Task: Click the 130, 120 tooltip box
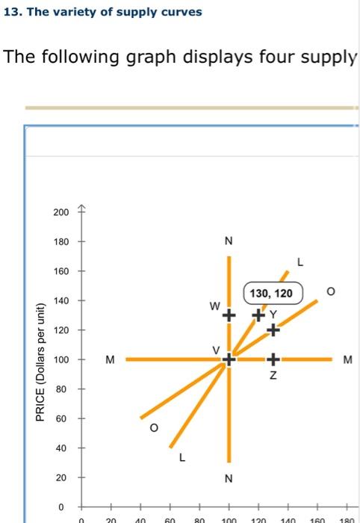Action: [271, 294]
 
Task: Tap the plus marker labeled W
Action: [229, 315]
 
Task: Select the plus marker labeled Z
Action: [273, 359]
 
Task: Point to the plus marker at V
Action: [229, 359]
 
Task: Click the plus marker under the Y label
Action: [273, 329]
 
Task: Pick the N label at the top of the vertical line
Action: [229, 241]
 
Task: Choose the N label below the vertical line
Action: [229, 478]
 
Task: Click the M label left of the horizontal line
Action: [110, 359]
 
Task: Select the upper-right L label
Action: [300, 262]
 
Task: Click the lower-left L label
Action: [182, 459]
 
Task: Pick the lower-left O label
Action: [154, 428]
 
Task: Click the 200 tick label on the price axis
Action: [60, 213]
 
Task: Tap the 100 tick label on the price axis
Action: [60, 360]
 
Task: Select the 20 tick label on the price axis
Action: [63, 477]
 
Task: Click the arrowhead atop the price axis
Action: [82, 209]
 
